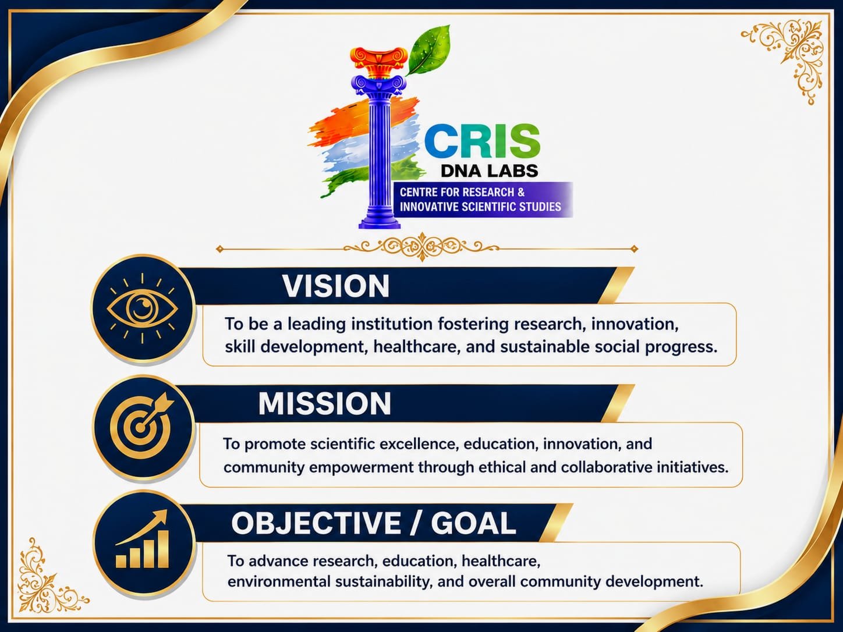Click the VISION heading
[336, 286]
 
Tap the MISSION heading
[325, 404]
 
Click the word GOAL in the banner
[473, 523]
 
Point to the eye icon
[143, 308]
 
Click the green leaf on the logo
[428, 51]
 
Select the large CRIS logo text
[483, 140]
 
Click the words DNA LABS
[489, 171]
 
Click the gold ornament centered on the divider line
[421, 247]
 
